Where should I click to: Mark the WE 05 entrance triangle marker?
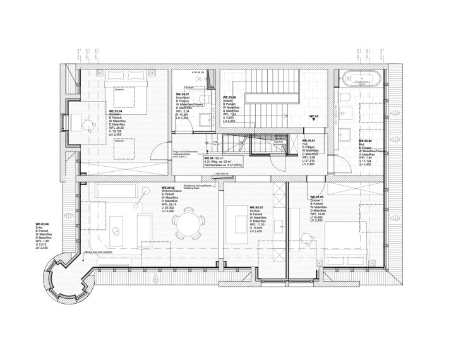click(x=315, y=122)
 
